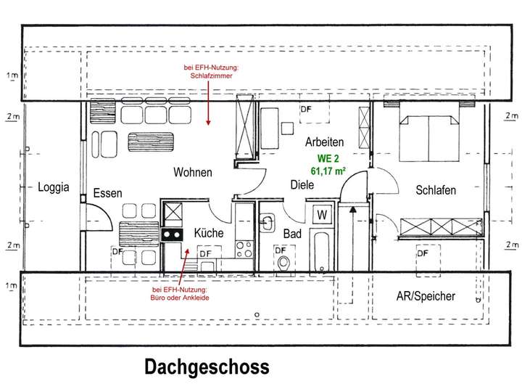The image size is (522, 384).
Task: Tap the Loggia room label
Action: (53, 187)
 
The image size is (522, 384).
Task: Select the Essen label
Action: (107, 193)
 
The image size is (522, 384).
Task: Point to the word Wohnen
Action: (192, 173)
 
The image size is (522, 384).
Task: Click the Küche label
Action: (208, 233)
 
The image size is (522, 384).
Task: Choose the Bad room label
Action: (292, 234)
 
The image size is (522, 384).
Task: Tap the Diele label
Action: (302, 185)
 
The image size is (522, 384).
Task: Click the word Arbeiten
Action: (324, 142)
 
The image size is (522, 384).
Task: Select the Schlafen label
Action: (435, 190)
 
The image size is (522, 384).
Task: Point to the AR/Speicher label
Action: (426, 296)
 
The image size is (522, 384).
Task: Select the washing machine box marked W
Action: (321, 216)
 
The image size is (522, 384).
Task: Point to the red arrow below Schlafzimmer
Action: (208, 102)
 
